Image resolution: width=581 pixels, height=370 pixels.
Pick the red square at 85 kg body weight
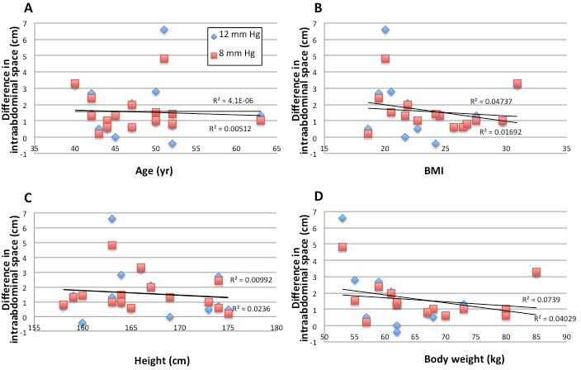[536, 272]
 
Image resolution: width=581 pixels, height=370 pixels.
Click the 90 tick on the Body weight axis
[566, 336]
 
